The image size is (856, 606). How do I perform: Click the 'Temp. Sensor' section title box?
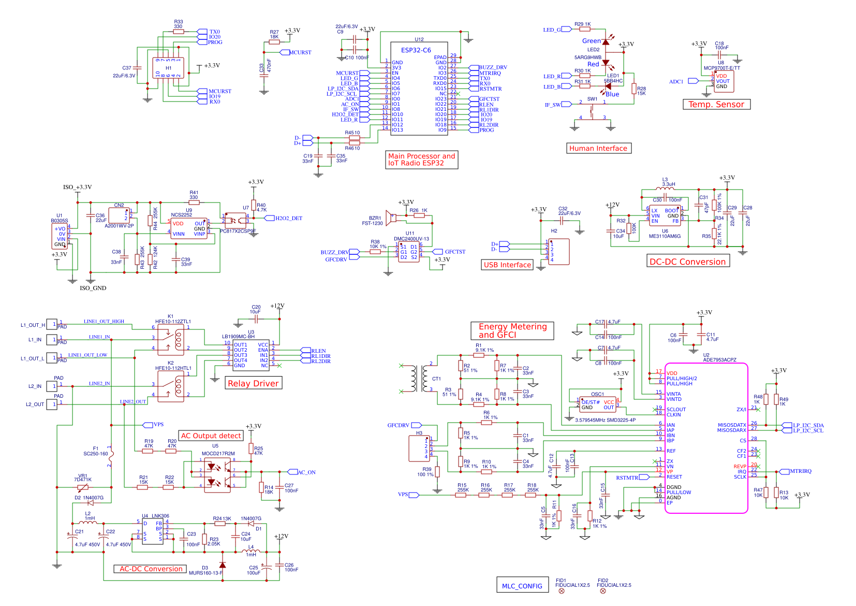tap(716, 105)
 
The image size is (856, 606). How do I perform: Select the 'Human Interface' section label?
tap(598, 149)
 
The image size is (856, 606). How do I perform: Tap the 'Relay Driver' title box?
tap(253, 383)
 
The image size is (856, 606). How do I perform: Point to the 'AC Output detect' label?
tap(211, 436)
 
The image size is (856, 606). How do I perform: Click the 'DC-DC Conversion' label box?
tap(688, 262)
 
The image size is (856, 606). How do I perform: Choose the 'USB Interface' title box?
tap(507, 265)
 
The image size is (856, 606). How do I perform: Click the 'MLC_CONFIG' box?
tap(522, 586)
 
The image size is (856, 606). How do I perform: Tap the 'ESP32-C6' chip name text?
tap(416, 50)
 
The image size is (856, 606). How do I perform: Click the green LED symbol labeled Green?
tap(606, 41)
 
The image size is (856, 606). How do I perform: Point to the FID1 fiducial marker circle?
tap(562, 591)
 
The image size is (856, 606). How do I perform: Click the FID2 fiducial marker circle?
tap(602, 591)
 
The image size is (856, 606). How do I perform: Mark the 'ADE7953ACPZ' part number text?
tap(719, 360)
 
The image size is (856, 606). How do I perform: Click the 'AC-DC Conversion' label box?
tap(151, 569)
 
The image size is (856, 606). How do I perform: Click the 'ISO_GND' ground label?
tap(93, 288)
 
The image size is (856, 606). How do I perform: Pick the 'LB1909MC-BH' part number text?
tap(238, 337)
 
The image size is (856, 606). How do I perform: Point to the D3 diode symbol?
tap(223, 565)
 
